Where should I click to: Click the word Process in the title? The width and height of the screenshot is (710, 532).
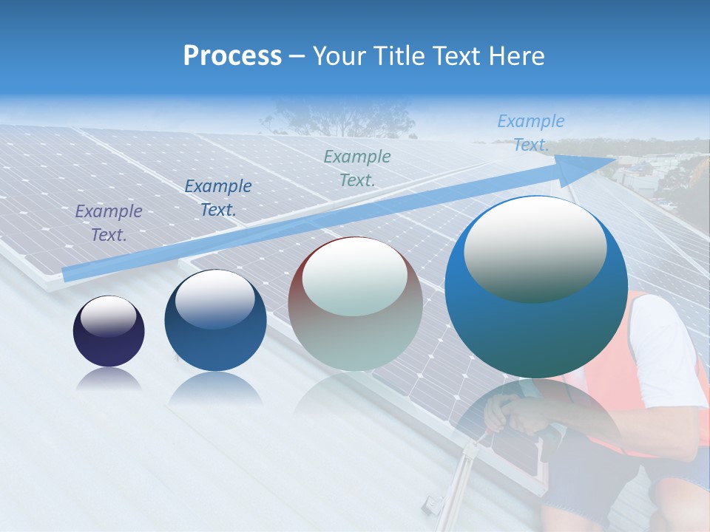click(232, 56)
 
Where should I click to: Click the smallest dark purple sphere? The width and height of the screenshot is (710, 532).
click(109, 331)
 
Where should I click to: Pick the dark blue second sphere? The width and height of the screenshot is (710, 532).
click(215, 321)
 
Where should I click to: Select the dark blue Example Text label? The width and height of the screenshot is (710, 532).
click(217, 198)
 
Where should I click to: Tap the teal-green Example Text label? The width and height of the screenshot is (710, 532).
click(357, 168)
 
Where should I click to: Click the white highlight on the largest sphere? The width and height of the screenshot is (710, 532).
click(535, 248)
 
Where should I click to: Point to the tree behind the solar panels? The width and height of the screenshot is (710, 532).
click(333, 118)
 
